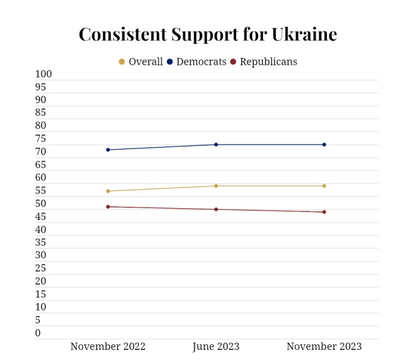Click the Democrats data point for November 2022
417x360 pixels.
click(108, 150)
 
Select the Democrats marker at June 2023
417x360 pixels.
click(216, 145)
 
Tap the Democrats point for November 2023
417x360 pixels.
click(324, 145)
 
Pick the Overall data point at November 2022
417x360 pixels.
click(108, 191)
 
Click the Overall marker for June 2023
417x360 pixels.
click(216, 186)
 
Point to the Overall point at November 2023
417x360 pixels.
click(324, 186)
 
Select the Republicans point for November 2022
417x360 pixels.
click(108, 206)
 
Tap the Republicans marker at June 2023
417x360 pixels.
click(216, 209)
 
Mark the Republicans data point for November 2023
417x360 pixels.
click(324, 212)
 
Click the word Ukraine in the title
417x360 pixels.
click(304, 34)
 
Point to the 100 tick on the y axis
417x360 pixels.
click(43, 74)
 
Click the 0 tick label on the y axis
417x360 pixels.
click(38, 333)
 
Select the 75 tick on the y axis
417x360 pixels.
click(40, 139)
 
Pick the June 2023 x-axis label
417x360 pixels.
click(216, 346)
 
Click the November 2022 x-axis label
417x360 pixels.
click(108, 346)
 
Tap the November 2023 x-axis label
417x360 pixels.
click(324, 346)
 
